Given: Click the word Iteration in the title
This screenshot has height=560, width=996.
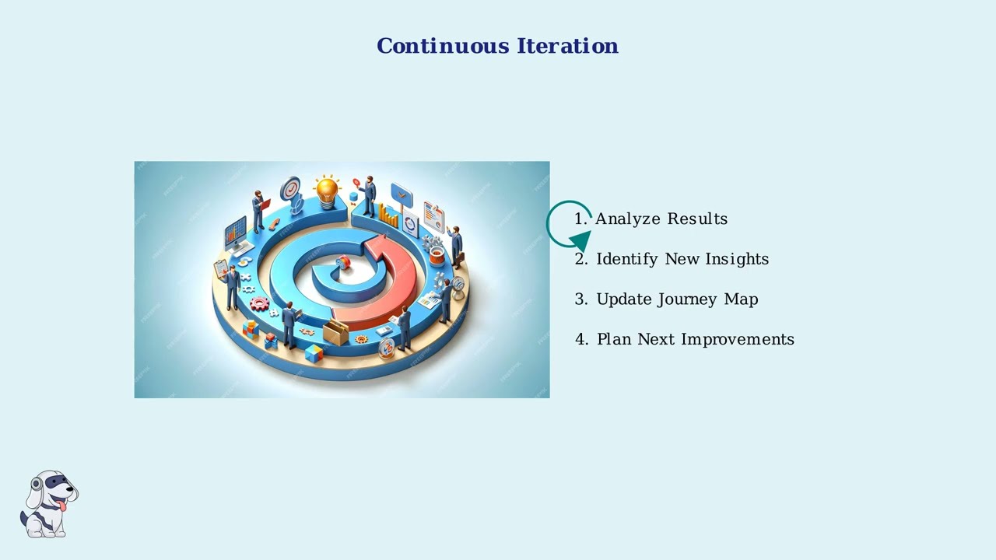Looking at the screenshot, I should click(567, 46).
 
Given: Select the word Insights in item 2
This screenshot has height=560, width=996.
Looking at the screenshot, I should click(737, 259).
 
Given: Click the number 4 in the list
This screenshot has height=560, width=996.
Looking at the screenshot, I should click(580, 339).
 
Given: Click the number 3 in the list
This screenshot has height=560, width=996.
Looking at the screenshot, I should click(580, 299).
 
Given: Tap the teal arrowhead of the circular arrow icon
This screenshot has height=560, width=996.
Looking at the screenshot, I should click(580, 243).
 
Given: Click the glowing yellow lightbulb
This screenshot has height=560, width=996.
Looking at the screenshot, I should click(327, 188).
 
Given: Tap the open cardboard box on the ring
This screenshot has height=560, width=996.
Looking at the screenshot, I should click(335, 332).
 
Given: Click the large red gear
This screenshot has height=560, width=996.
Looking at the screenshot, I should click(259, 304).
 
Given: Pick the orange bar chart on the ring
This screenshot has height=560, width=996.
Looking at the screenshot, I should click(388, 216).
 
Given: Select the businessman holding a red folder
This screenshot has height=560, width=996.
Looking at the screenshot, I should click(258, 210).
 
